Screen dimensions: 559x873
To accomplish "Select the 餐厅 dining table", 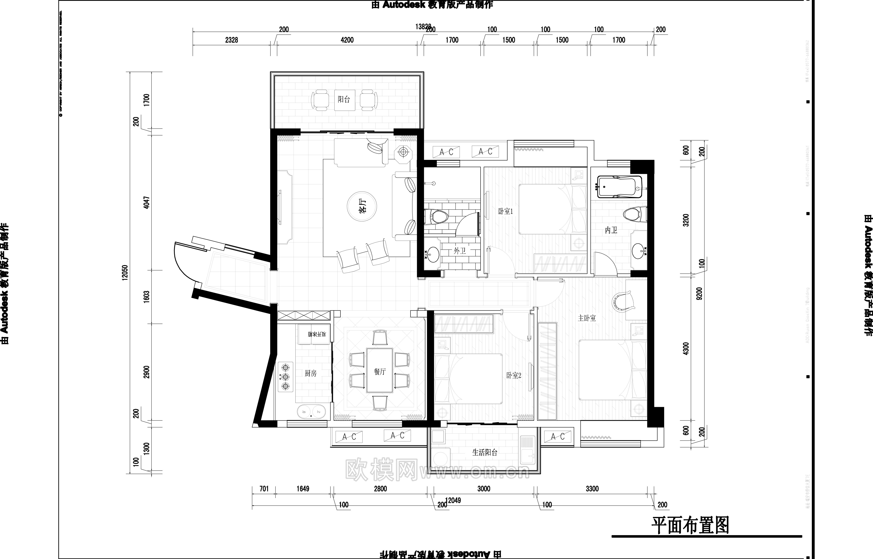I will pyautogui.click(x=380, y=370).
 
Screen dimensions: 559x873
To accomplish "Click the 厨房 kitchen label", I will pyautogui.click(x=311, y=373).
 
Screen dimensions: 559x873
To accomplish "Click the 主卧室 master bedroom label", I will pyautogui.click(x=587, y=318).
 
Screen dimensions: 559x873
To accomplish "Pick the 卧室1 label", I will pyautogui.click(x=505, y=211).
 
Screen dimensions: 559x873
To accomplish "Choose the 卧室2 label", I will pyautogui.click(x=514, y=375).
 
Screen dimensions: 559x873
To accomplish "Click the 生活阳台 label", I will pyautogui.click(x=485, y=452).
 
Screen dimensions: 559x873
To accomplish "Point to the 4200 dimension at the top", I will pyautogui.click(x=347, y=40).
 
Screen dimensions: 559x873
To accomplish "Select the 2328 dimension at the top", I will pyautogui.click(x=232, y=40).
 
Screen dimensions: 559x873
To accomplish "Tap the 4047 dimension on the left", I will pyautogui.click(x=146, y=203).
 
